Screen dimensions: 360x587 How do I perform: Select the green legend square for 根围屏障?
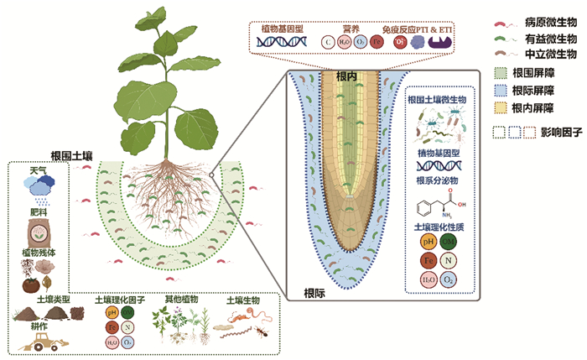500,73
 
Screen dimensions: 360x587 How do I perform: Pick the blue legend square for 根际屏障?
500,90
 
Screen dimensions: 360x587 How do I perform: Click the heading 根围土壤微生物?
442,99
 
